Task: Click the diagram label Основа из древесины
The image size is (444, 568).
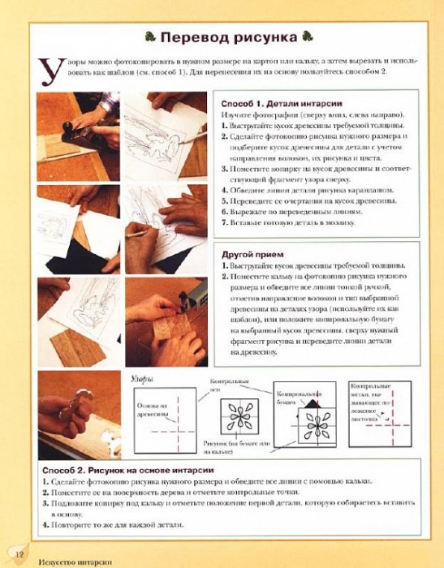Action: (x=152, y=410)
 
